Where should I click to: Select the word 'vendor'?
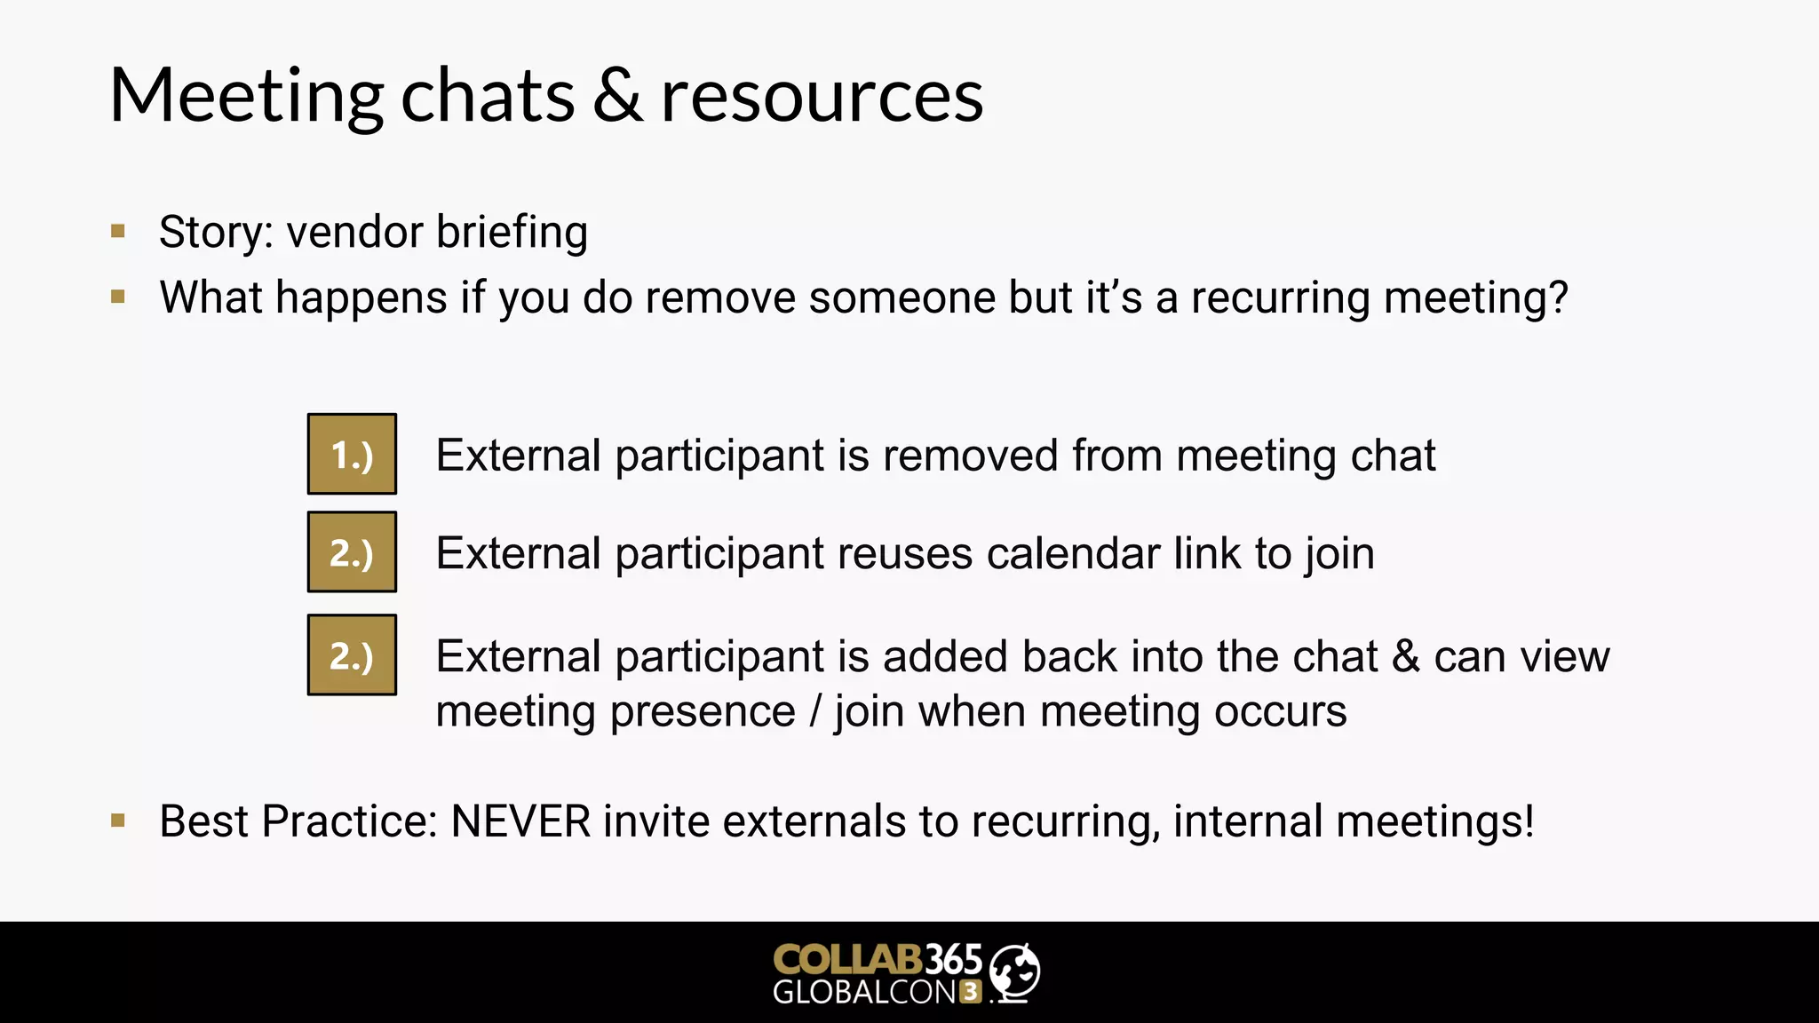[x=354, y=233]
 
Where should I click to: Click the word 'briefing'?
[x=512, y=233]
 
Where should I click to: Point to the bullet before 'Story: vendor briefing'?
[x=118, y=232]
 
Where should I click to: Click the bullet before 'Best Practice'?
[x=118, y=821]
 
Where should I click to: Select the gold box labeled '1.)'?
[x=352, y=454]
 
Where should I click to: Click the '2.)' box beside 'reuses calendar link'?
[x=352, y=551]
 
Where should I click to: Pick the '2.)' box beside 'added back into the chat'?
[x=352, y=654]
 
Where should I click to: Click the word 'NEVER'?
[x=520, y=821]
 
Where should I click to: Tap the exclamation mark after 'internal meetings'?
[x=1528, y=821]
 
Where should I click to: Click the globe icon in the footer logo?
[x=1014, y=972]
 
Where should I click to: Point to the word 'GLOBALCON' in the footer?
[x=864, y=992]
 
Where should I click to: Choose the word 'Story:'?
[x=216, y=233]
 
